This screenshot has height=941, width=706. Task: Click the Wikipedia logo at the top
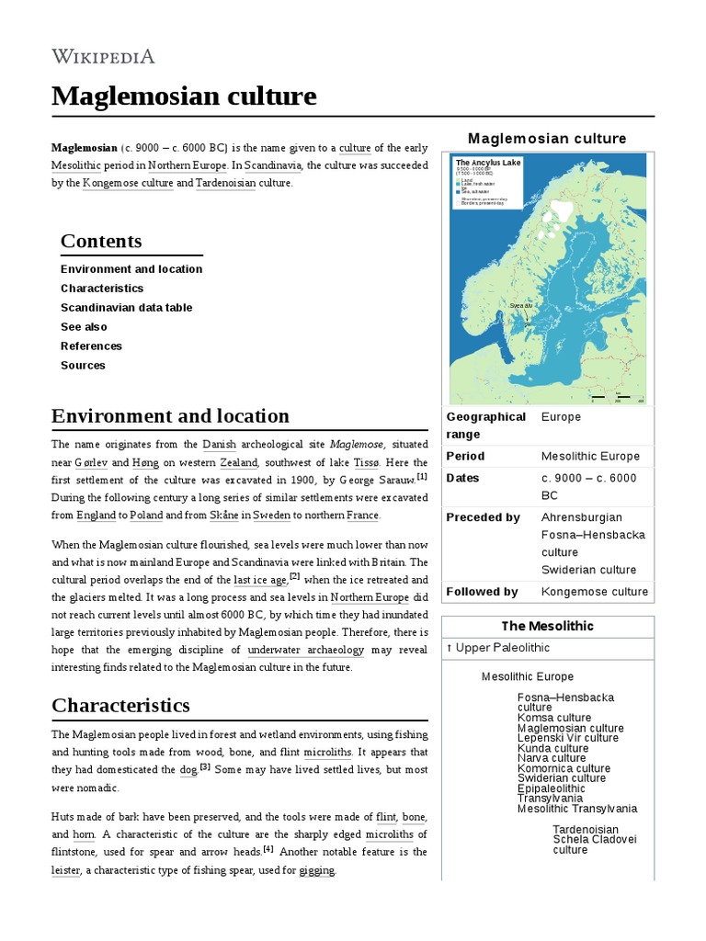(x=103, y=57)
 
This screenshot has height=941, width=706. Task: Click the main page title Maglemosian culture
(x=184, y=96)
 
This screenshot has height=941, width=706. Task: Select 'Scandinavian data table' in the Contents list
(x=126, y=308)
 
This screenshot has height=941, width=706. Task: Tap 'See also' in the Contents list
(x=84, y=327)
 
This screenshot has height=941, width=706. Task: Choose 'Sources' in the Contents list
(x=83, y=366)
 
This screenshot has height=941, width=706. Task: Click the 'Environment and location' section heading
(x=170, y=415)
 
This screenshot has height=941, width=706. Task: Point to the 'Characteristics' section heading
(x=120, y=705)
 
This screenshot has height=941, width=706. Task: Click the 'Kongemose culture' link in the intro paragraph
(x=128, y=183)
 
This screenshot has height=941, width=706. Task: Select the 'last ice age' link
(x=260, y=580)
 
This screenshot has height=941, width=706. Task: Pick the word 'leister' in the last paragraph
(x=66, y=869)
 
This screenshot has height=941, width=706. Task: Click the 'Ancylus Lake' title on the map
(x=488, y=163)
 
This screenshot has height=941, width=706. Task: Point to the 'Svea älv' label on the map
(x=520, y=305)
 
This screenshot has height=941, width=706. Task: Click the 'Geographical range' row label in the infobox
(x=485, y=425)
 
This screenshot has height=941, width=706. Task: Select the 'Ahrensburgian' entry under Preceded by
(x=581, y=517)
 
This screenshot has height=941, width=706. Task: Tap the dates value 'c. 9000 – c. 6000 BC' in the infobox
(x=588, y=486)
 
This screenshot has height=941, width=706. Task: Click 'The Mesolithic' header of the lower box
(x=547, y=626)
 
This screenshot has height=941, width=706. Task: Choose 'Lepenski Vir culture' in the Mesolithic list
(x=567, y=738)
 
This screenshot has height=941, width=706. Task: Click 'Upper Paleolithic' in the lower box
(x=501, y=648)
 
